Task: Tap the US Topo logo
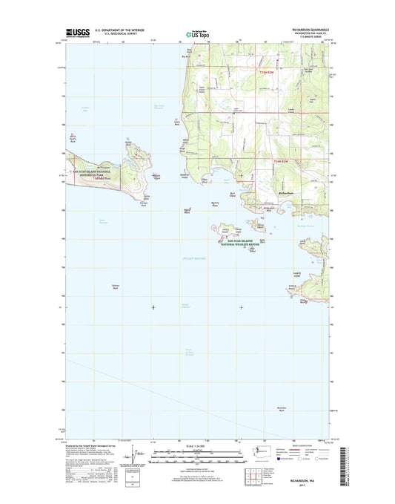[190, 33]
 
